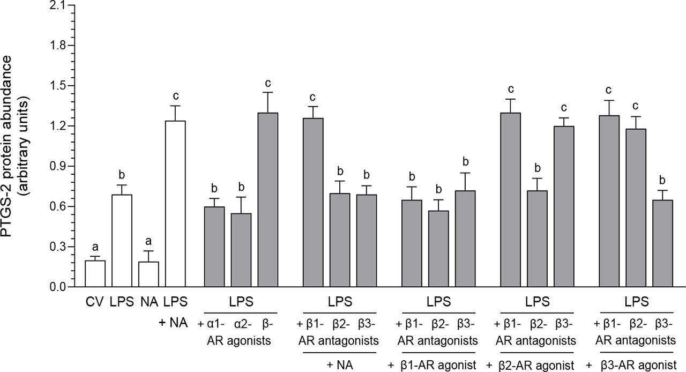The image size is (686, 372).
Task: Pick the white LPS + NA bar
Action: point(175,204)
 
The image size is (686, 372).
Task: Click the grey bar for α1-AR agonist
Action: point(214,247)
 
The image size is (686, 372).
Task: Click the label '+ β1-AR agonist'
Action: point(433,365)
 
